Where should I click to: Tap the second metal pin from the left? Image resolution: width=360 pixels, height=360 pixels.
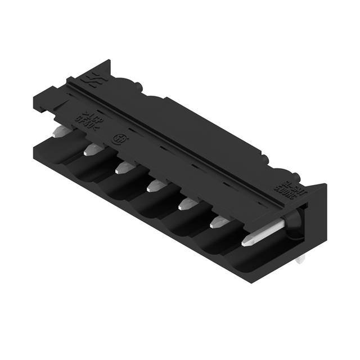(93, 149)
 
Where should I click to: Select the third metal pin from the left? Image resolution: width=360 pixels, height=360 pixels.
(124, 167)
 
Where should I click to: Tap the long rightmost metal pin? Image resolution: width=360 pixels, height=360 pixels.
(262, 233)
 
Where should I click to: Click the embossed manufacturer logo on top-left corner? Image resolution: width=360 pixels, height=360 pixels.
(90, 79)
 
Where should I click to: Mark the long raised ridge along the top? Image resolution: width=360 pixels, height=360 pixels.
(186, 141)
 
